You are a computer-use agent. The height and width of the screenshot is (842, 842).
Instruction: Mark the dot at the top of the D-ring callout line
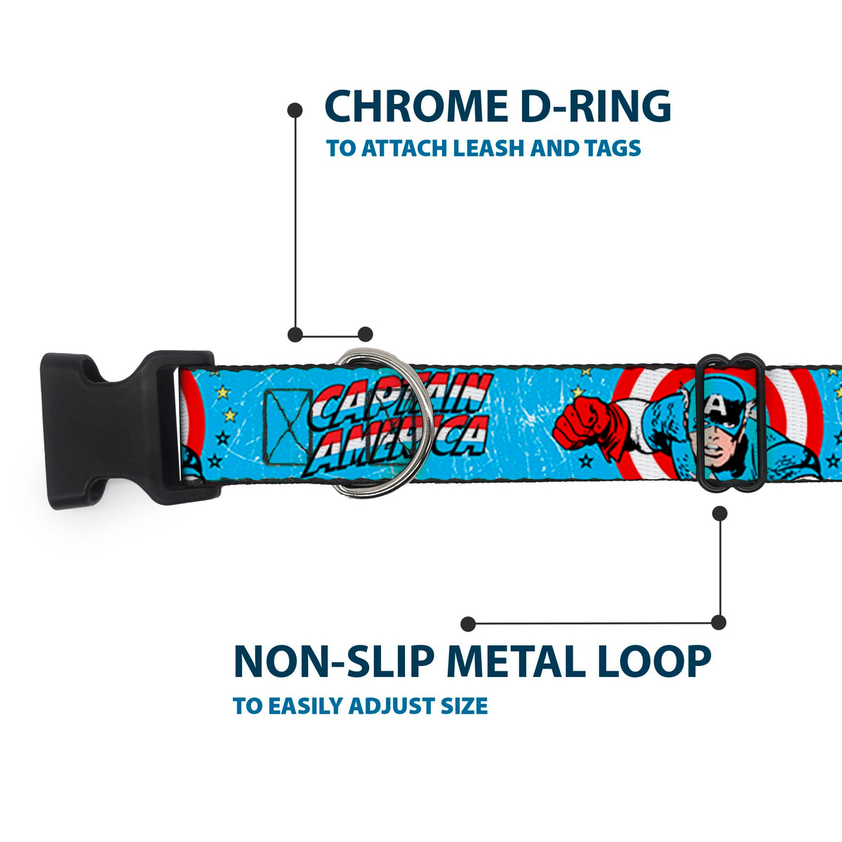pos(295,110)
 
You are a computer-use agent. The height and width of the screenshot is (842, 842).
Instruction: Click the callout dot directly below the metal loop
pos(719,514)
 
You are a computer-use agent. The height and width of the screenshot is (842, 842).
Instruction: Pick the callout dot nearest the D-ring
pos(365,334)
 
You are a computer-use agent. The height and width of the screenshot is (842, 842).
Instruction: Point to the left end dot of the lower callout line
pos(469,624)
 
